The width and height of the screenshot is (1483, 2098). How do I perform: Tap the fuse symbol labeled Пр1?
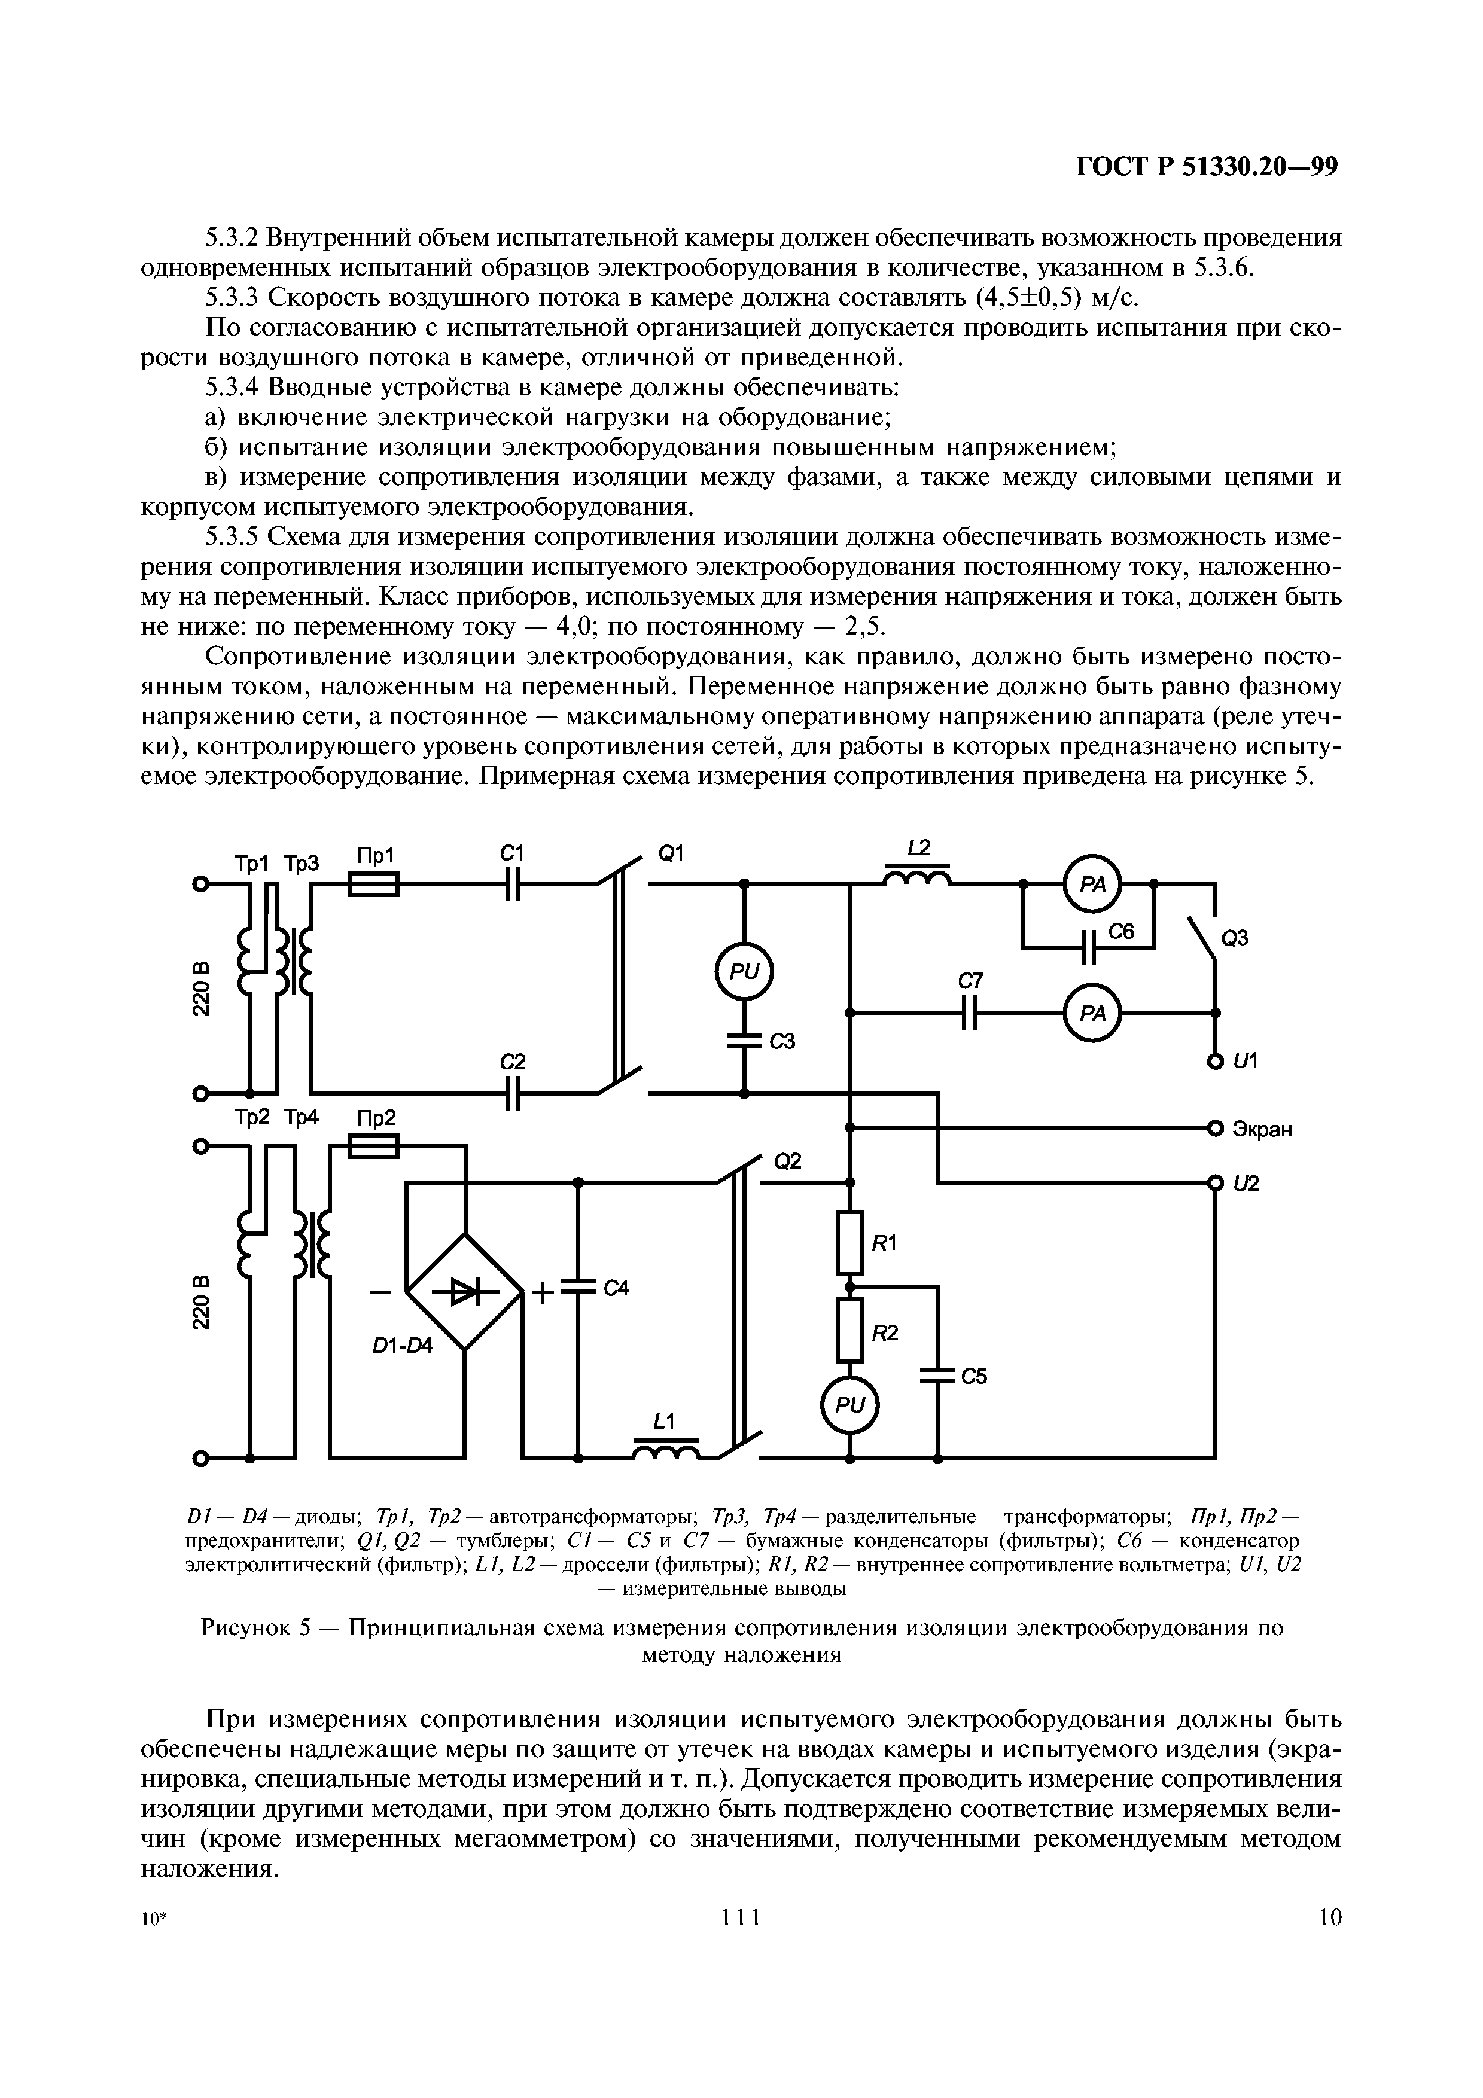click(374, 883)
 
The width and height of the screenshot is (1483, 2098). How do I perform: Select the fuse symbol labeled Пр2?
click(374, 1146)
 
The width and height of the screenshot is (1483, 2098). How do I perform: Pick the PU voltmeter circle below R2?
click(849, 1406)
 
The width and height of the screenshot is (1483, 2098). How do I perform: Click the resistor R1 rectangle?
click(849, 1242)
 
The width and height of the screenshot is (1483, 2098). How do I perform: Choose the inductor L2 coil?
click(918, 879)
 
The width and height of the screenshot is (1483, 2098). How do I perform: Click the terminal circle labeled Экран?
click(1214, 1127)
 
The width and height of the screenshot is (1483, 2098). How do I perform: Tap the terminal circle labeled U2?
click(1214, 1184)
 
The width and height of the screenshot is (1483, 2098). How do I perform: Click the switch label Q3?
click(1235, 938)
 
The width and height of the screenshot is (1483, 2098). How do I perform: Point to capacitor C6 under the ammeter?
click(1088, 947)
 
